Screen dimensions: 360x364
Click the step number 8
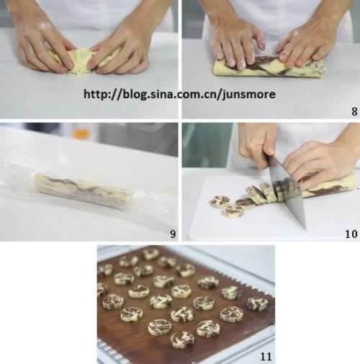click(x=354, y=112)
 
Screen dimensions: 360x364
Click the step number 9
click(x=173, y=234)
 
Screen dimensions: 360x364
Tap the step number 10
click(x=351, y=234)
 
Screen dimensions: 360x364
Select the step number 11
click(x=266, y=357)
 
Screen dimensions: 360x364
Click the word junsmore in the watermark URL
click(x=248, y=94)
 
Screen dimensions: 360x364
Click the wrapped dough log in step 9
click(x=81, y=191)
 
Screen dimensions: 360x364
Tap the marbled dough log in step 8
click(x=269, y=67)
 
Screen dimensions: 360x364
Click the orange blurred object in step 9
click(x=81, y=133)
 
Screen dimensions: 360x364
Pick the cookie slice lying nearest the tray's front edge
click(x=183, y=339)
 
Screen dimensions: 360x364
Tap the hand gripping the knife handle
click(x=258, y=146)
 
